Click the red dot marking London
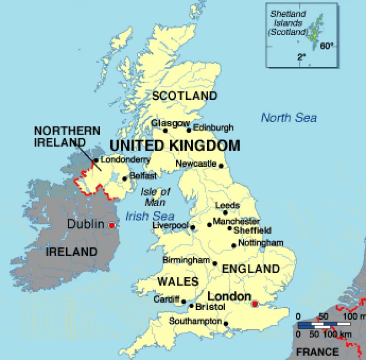point(255,304)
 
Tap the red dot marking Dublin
point(111,225)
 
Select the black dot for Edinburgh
point(188,131)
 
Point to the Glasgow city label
point(171,123)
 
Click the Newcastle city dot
point(221,166)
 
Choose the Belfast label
point(143,175)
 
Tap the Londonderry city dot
point(96,160)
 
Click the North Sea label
point(289,118)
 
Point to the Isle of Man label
point(156,196)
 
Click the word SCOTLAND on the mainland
point(184,96)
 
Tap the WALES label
point(178,281)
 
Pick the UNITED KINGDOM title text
point(174,146)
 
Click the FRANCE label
point(318,352)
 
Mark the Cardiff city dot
point(183,301)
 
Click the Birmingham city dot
point(215,263)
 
